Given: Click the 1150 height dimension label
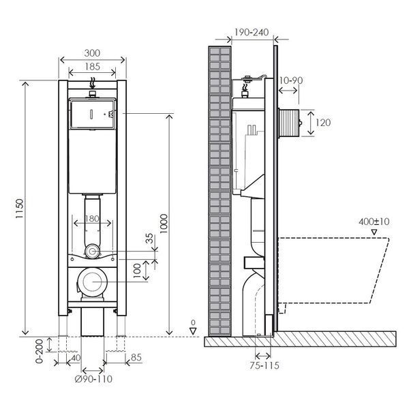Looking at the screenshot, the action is [x=20, y=209].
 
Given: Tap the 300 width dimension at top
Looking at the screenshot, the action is [x=92, y=53].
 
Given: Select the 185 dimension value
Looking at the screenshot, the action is [x=92, y=67].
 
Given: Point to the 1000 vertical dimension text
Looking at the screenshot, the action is [x=164, y=224].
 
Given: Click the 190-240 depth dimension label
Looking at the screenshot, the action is [x=252, y=32].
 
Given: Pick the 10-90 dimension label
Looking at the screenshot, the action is [x=291, y=80].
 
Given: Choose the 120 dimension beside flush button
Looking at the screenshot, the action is [x=323, y=123].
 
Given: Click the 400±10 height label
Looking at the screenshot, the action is [x=374, y=222].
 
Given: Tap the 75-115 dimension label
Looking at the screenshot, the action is [x=264, y=365].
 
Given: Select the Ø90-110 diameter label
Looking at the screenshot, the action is [x=93, y=379].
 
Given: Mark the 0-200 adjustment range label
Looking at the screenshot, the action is [x=39, y=351].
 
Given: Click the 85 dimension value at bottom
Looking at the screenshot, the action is [x=136, y=357].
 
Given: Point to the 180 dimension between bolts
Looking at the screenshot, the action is [x=92, y=219].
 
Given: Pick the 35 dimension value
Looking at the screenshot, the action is [x=149, y=238].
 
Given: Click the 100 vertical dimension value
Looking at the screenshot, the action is [x=137, y=271].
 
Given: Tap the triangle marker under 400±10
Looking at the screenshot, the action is [x=374, y=232].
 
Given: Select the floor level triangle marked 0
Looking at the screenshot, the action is [x=193, y=331].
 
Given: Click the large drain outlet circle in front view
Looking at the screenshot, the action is [x=93, y=282].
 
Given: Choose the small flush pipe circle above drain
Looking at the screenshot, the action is [x=92, y=252].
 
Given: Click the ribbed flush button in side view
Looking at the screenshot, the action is [x=289, y=123].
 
